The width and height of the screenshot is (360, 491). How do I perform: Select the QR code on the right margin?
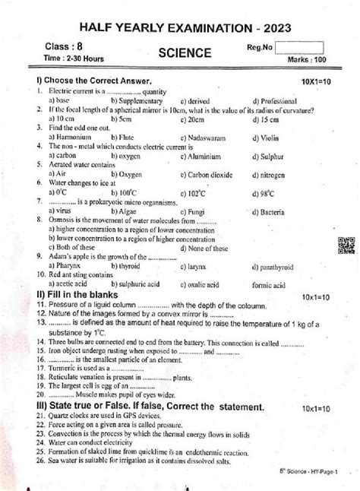[x=346, y=247]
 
